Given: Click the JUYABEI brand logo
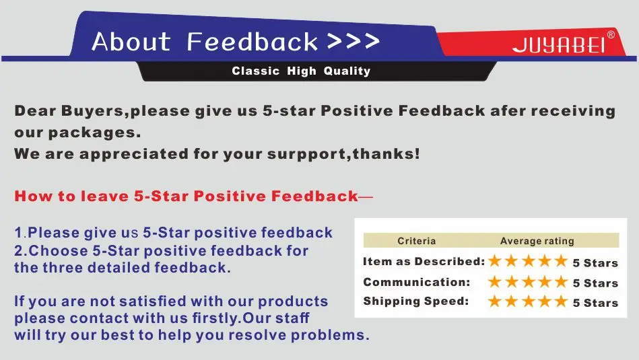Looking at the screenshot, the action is (x=559, y=45).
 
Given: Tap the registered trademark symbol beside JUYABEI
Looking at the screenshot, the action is (x=611, y=34).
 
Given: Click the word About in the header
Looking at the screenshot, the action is (x=131, y=42).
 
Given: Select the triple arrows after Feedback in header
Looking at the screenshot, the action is (x=354, y=41).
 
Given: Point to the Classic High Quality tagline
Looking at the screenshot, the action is (x=301, y=71).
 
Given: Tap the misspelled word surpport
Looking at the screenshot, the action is (x=306, y=154).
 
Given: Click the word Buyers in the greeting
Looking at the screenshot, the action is (x=92, y=111).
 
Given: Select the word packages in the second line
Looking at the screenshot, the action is (x=94, y=133).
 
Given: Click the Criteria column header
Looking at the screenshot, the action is (x=417, y=241).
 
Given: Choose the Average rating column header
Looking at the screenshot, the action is (x=537, y=241).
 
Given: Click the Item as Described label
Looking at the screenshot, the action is (x=424, y=262).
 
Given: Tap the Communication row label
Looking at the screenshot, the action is (x=417, y=282).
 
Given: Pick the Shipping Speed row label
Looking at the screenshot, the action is (x=415, y=301).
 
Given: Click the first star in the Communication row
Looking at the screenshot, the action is (x=495, y=281).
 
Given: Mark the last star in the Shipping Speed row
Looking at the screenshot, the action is (x=561, y=301).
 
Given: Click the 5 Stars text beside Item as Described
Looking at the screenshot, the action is (x=595, y=263).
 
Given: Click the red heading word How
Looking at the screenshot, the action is (x=34, y=196).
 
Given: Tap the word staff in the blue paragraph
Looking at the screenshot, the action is (x=292, y=318).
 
